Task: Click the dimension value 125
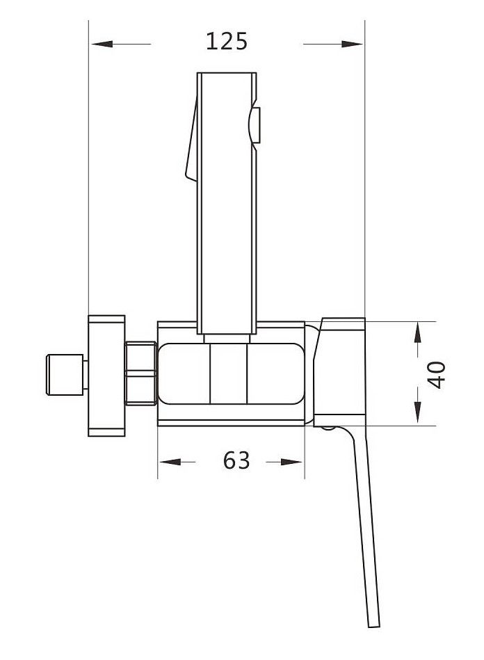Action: coord(227,42)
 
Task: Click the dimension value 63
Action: coord(236,460)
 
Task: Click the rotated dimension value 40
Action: coord(437,375)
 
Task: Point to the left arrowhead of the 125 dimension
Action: coord(102,44)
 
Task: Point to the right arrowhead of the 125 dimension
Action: coord(352,44)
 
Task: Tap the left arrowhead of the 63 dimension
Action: coord(170,462)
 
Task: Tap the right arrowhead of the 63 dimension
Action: coord(291,462)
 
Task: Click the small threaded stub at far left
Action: coord(65,375)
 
